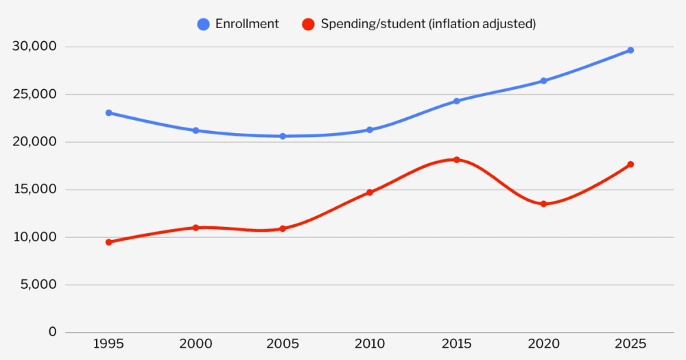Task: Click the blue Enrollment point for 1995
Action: (108, 112)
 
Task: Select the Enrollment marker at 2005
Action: (282, 136)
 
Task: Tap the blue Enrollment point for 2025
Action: (630, 50)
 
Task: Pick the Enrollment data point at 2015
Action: (456, 101)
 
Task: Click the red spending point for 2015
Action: (456, 160)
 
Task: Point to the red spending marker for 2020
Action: (543, 204)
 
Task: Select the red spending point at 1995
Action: (108, 242)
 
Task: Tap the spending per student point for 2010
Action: (369, 192)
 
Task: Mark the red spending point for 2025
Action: (630, 164)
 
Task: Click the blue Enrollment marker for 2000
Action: (196, 130)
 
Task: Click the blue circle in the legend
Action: (203, 24)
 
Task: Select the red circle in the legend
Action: (309, 24)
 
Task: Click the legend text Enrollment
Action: (247, 24)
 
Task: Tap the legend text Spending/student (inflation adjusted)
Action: (428, 24)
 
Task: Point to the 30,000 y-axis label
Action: (34, 47)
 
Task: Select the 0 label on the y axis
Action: (52, 332)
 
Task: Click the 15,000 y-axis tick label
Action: (34, 190)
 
